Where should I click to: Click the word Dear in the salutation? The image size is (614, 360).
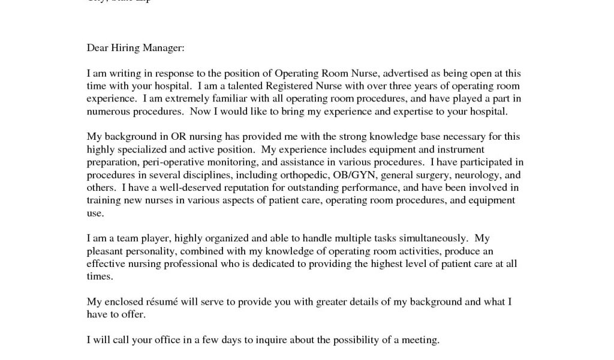click(97, 47)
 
